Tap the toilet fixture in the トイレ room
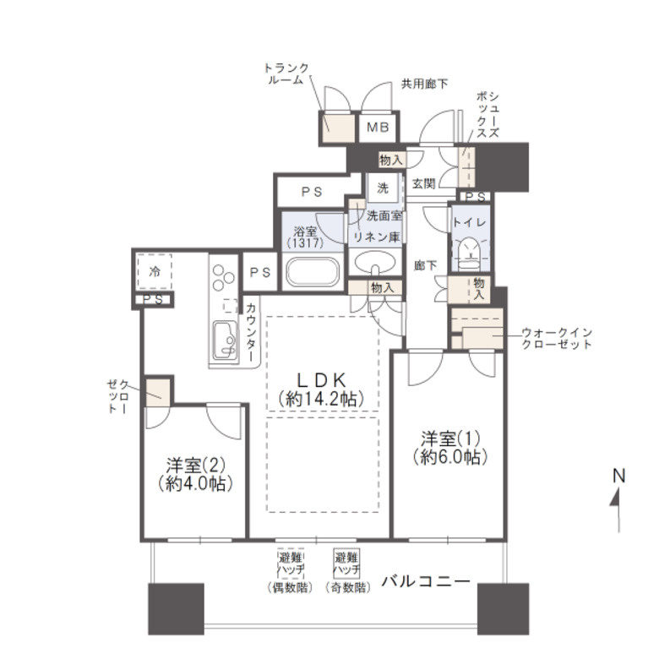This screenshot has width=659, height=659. click(466, 249)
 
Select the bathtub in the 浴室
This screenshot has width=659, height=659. click(313, 272)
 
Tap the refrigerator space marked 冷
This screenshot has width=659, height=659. click(155, 272)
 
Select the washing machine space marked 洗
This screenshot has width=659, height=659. click(383, 187)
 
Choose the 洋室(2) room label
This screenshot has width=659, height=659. click(194, 466)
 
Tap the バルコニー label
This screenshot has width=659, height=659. click(425, 581)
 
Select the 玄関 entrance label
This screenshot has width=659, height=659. click(423, 183)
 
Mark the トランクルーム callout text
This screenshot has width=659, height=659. click(288, 74)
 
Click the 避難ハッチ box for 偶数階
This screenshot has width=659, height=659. click(288, 564)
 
